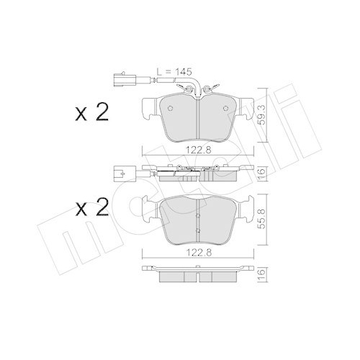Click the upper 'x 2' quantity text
coord(91,113)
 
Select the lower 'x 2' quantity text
coord(91,209)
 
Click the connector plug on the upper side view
coord(120,172)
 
